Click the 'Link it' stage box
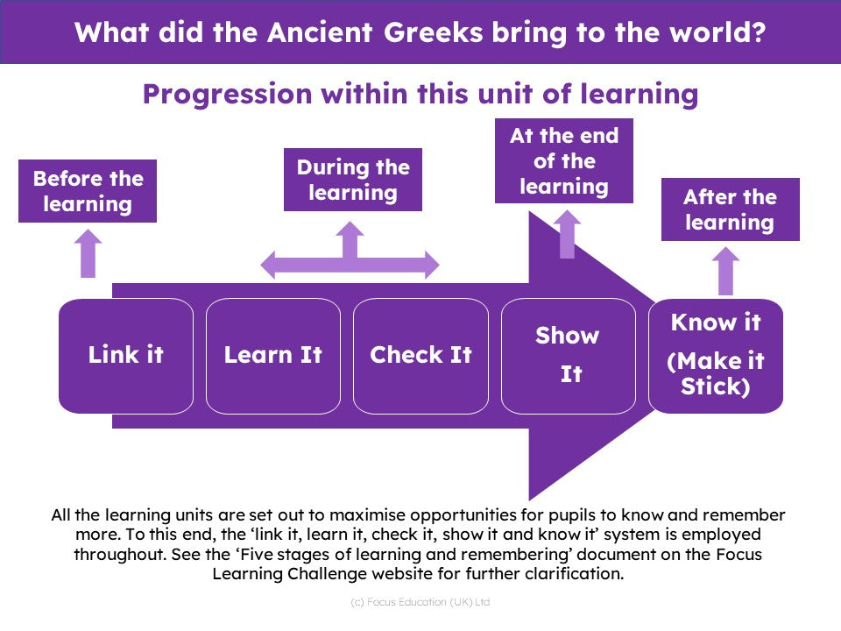tap(126, 356)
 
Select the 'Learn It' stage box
tap(273, 356)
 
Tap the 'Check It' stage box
tap(421, 356)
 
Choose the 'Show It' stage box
tap(569, 356)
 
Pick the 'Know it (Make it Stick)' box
tap(716, 356)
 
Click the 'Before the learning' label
tap(88, 191)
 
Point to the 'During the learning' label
tap(353, 180)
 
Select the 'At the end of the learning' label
tap(563, 161)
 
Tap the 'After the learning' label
tap(731, 209)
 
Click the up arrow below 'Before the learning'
tap(88, 254)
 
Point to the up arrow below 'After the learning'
tap(725, 271)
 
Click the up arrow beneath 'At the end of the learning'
tap(567, 235)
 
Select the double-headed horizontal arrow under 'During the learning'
tap(350, 265)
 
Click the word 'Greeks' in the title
tap(434, 32)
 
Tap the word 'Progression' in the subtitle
tap(228, 95)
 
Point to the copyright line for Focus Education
tap(420, 602)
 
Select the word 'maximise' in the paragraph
tap(367, 515)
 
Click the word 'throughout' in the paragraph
tap(120, 554)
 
